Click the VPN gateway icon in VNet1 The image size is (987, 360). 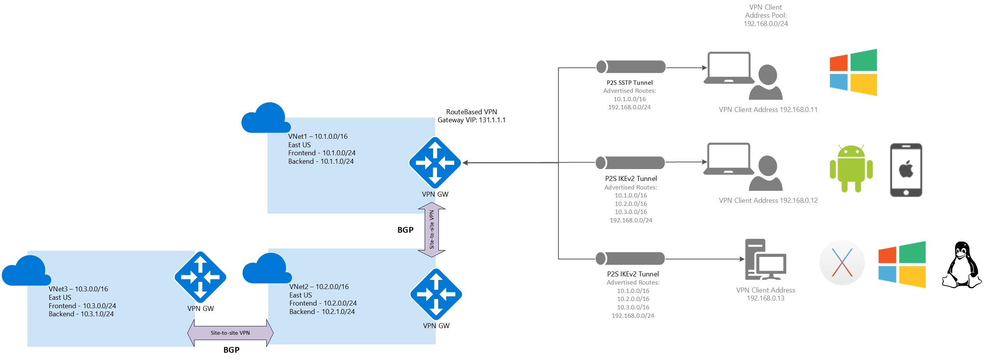click(435, 163)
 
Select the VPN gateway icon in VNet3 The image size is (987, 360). click(200, 277)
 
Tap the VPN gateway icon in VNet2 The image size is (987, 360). click(436, 294)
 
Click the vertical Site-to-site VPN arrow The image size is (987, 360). click(432, 230)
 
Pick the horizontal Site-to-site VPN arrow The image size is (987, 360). click(230, 333)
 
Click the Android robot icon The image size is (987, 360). click(851, 168)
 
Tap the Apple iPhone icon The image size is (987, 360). click(906, 170)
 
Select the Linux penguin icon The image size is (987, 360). click(961, 265)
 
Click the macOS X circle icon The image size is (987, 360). click(842, 263)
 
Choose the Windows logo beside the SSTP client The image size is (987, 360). click(853, 72)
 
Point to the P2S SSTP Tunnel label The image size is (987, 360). click(629, 82)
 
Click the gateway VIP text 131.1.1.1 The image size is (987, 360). click(492, 120)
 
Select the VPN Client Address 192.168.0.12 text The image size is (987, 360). click(768, 201)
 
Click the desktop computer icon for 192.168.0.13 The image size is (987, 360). click(765, 260)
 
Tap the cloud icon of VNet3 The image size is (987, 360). click(26, 271)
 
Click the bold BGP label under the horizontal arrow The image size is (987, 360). click(231, 350)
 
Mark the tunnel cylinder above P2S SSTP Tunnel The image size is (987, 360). click(631, 67)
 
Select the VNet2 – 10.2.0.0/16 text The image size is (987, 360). click(319, 287)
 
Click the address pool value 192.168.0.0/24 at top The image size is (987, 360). click(765, 24)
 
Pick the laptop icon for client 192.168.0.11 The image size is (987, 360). click(729, 68)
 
